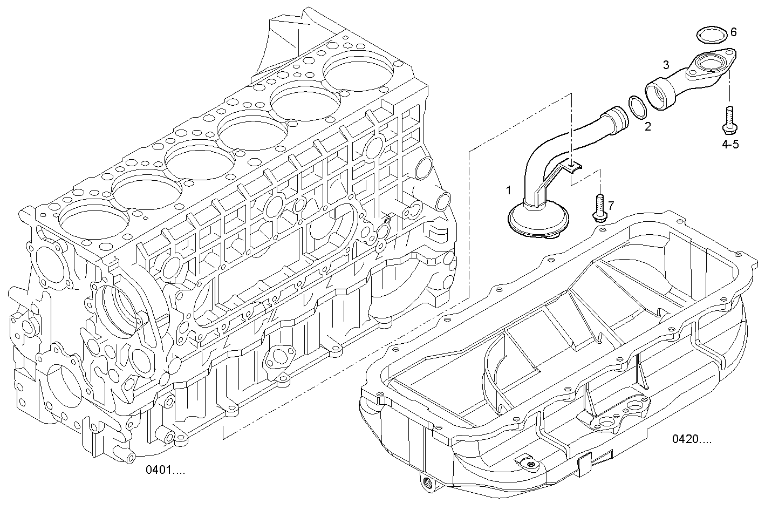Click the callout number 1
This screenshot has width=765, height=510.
(508, 190)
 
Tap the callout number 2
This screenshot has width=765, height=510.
(647, 127)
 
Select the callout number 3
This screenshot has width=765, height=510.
(666, 65)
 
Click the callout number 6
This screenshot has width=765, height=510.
(733, 32)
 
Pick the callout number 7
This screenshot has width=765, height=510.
(611, 205)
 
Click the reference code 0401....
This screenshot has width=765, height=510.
(165, 470)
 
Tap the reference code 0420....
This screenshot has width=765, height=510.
(692, 439)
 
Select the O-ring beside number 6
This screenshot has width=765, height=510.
(711, 35)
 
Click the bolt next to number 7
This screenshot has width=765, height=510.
(598, 207)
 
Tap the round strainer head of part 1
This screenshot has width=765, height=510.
(538, 221)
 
